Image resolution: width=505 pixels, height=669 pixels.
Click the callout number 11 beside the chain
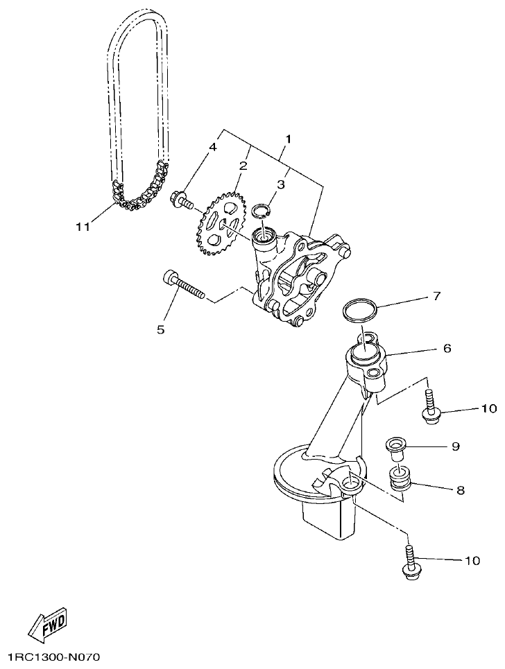point(83,227)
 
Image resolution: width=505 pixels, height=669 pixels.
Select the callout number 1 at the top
point(287,139)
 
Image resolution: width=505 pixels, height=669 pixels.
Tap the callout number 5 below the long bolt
point(160,329)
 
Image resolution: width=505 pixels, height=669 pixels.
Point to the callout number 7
point(436,297)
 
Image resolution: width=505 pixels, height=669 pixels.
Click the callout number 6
point(447,349)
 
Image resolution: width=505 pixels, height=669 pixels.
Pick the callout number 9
point(456,446)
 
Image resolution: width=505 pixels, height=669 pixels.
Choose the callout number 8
point(460,490)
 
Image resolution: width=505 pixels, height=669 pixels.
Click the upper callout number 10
point(489,408)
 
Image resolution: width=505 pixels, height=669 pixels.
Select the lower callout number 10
point(472,561)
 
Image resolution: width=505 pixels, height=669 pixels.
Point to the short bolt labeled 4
point(182,200)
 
